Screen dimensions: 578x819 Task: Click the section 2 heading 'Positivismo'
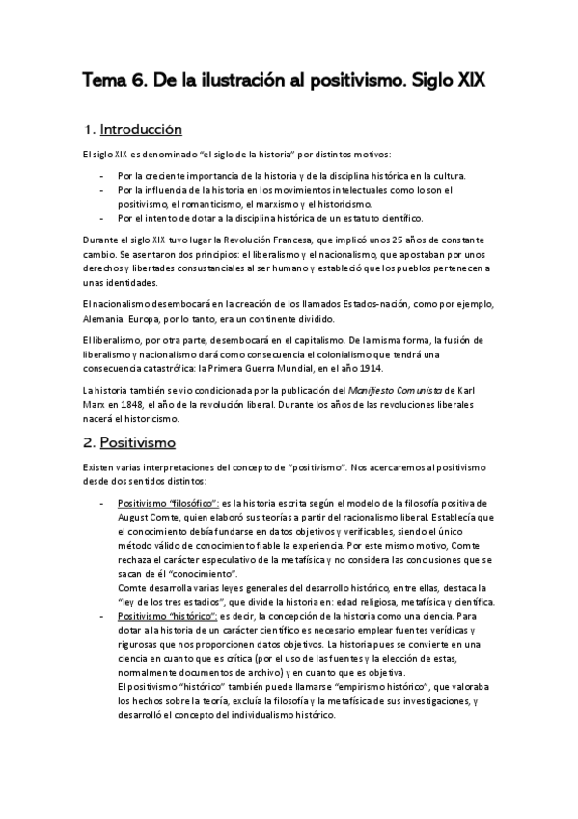coord(139,442)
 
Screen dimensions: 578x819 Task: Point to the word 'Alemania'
coord(105,319)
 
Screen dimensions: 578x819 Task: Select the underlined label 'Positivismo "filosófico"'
coord(168,503)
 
